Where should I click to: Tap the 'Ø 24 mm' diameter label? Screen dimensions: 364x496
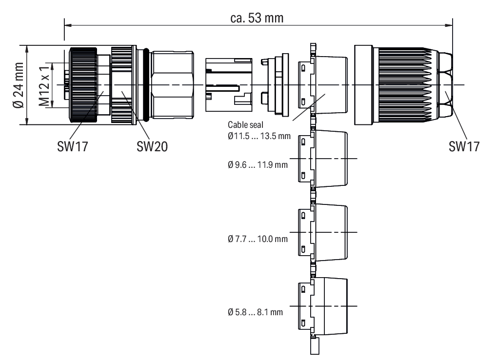(x=18, y=85)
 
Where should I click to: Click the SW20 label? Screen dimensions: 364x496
(x=152, y=146)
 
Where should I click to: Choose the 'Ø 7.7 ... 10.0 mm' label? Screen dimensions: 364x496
(x=258, y=238)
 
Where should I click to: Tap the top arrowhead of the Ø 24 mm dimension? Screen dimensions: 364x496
(x=27, y=49)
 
